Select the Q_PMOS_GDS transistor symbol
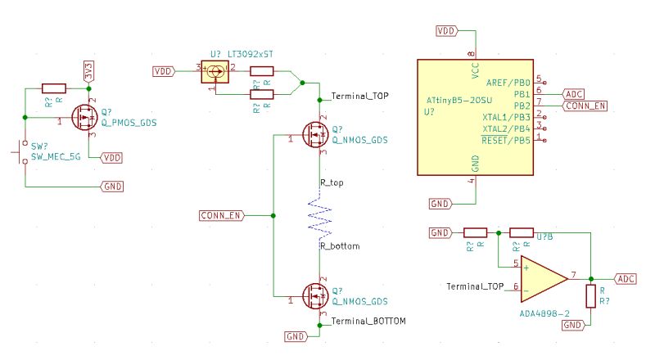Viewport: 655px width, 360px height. (84, 118)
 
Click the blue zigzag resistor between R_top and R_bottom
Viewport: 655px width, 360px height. (319, 217)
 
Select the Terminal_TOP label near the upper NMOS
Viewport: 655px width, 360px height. (359, 97)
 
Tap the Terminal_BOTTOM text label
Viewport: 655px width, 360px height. (368, 322)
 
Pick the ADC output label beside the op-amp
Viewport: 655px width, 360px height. (626, 279)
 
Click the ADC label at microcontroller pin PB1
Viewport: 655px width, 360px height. (575, 94)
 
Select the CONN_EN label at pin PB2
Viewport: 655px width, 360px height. (586, 106)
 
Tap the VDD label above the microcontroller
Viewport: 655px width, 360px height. (445, 31)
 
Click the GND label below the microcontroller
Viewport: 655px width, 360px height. (440, 203)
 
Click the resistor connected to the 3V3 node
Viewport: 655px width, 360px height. (53, 88)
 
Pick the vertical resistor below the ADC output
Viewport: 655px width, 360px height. (589, 296)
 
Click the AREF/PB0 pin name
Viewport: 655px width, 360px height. (508, 83)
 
